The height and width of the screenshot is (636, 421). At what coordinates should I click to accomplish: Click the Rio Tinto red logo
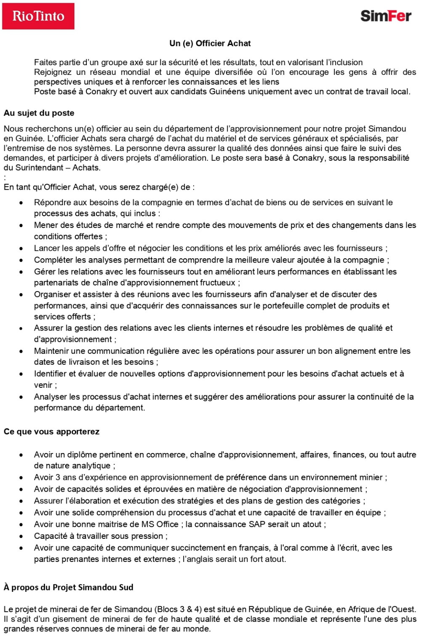tap(38, 16)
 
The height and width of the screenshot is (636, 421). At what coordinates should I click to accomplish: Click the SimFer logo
tap(386, 16)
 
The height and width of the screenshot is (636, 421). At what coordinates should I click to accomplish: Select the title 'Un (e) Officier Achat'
tap(210, 43)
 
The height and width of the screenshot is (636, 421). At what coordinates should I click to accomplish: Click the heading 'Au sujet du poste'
tap(39, 113)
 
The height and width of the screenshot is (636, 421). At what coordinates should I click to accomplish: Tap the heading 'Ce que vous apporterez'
tap(51, 432)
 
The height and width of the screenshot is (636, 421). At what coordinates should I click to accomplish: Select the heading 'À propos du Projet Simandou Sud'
tap(69, 587)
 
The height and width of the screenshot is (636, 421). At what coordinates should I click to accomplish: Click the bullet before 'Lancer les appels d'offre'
tap(21, 249)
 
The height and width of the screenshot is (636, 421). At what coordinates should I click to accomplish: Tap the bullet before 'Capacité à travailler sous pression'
tap(21, 536)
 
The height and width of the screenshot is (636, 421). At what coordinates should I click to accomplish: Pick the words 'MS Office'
tap(160, 525)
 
